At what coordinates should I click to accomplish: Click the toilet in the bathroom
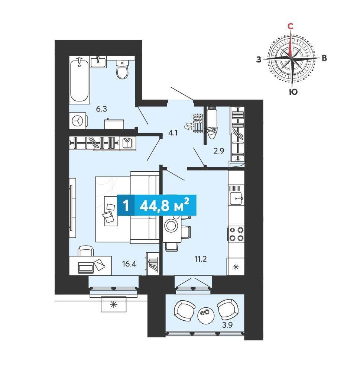click(x=122, y=69)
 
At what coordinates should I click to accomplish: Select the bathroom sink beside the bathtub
click(x=98, y=62)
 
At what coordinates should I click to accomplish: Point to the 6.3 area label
click(x=101, y=109)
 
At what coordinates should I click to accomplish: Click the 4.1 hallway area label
click(x=173, y=133)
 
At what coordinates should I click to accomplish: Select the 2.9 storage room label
click(x=219, y=151)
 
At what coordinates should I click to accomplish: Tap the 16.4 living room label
click(x=129, y=264)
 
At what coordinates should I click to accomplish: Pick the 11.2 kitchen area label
click(x=201, y=259)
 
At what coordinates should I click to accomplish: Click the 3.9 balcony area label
click(x=227, y=325)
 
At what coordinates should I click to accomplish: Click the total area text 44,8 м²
click(x=165, y=206)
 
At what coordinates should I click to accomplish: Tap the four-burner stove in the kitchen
click(x=236, y=234)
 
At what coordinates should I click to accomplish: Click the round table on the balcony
click(x=206, y=315)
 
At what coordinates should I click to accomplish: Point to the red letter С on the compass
click(x=290, y=26)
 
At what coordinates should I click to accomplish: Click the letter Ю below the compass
click(x=293, y=92)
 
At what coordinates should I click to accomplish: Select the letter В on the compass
click(x=324, y=58)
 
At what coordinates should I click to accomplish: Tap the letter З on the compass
click(x=259, y=59)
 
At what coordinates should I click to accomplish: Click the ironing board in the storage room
click(x=212, y=123)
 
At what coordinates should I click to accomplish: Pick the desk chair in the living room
click(x=85, y=251)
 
